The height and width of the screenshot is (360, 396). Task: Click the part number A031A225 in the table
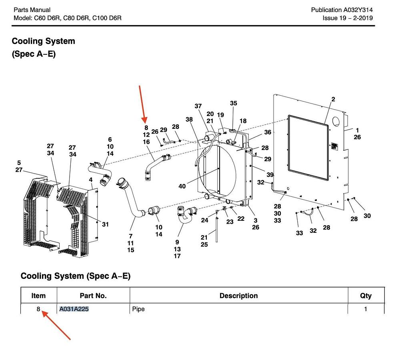click(x=74, y=309)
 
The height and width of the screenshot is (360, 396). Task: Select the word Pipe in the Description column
click(x=138, y=309)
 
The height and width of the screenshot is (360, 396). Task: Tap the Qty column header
click(x=366, y=296)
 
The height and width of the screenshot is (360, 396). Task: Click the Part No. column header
click(x=93, y=296)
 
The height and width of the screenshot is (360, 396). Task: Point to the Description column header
click(x=238, y=296)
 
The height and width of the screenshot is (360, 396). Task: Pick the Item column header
click(x=38, y=296)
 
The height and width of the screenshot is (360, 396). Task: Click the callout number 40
click(x=182, y=186)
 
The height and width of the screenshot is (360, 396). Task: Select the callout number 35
click(x=234, y=104)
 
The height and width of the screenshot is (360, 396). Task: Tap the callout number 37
click(x=198, y=106)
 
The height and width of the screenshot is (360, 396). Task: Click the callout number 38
click(x=189, y=120)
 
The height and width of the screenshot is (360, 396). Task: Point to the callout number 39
click(x=270, y=175)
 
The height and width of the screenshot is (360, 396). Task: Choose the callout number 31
click(x=105, y=224)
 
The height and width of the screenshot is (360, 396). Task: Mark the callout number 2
click(x=333, y=99)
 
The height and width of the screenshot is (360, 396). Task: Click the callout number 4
click(x=91, y=180)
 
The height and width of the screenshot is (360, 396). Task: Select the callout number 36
click(x=268, y=132)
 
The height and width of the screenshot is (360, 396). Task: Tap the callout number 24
click(x=204, y=220)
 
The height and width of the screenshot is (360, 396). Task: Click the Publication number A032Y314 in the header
click(x=358, y=10)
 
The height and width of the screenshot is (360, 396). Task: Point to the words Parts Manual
click(x=32, y=10)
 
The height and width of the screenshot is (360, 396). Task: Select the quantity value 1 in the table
click(x=365, y=309)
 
